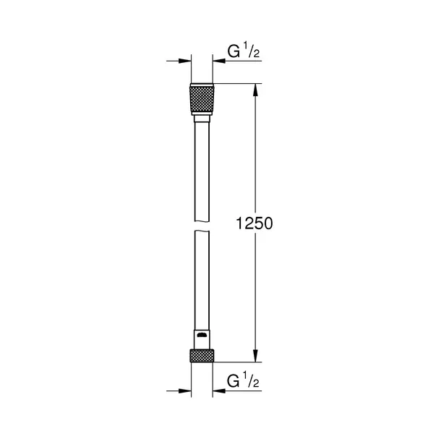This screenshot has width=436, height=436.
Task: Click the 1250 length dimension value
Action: coord(253,223)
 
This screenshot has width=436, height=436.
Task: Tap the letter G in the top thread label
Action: coord(232,52)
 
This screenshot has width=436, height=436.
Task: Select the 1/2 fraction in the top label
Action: coord(249,52)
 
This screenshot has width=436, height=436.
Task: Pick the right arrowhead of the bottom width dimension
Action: coord(218,391)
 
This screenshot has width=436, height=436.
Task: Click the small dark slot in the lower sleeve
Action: coord(202,337)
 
